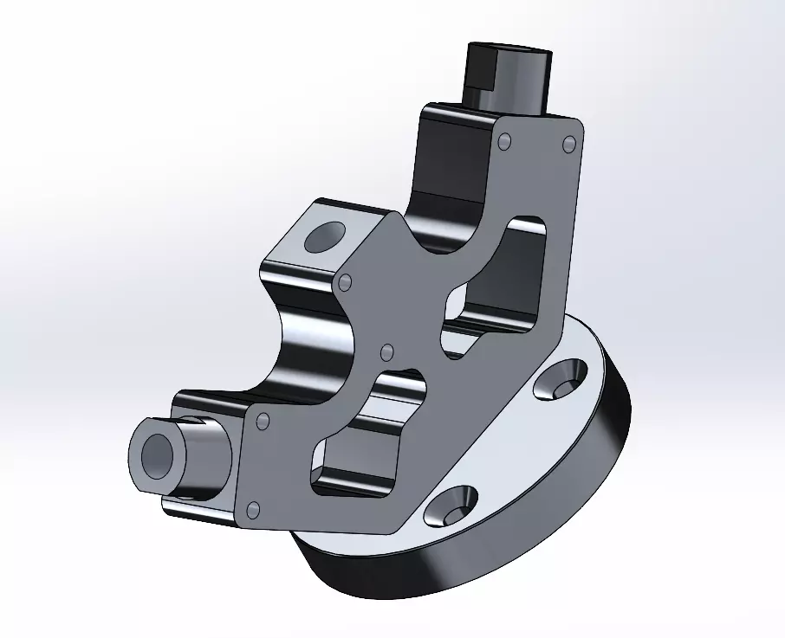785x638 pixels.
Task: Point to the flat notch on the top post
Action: [479, 74]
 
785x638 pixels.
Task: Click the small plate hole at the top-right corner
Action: [570, 143]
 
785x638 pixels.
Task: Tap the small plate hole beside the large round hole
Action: [346, 282]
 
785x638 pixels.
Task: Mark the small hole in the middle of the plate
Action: [387, 351]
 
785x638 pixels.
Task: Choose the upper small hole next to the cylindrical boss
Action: [263, 421]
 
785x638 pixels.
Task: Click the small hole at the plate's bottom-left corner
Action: [253, 508]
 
